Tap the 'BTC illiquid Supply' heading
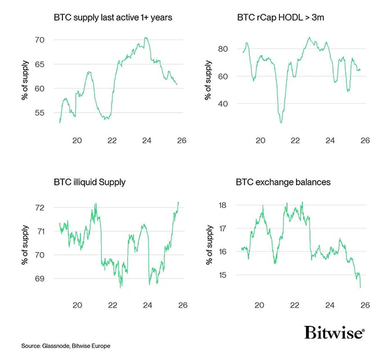[x=88, y=183]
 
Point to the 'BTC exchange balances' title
[x=283, y=183]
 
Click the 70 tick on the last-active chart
[x=40, y=40]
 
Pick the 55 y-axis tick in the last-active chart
[x=40, y=113]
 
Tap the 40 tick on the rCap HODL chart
[x=224, y=104]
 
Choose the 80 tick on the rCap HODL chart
[x=224, y=49]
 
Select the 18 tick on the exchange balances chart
[x=224, y=205]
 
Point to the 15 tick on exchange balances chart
[x=224, y=275]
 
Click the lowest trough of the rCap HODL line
[x=281, y=123]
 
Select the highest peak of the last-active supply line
[x=146, y=38]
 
